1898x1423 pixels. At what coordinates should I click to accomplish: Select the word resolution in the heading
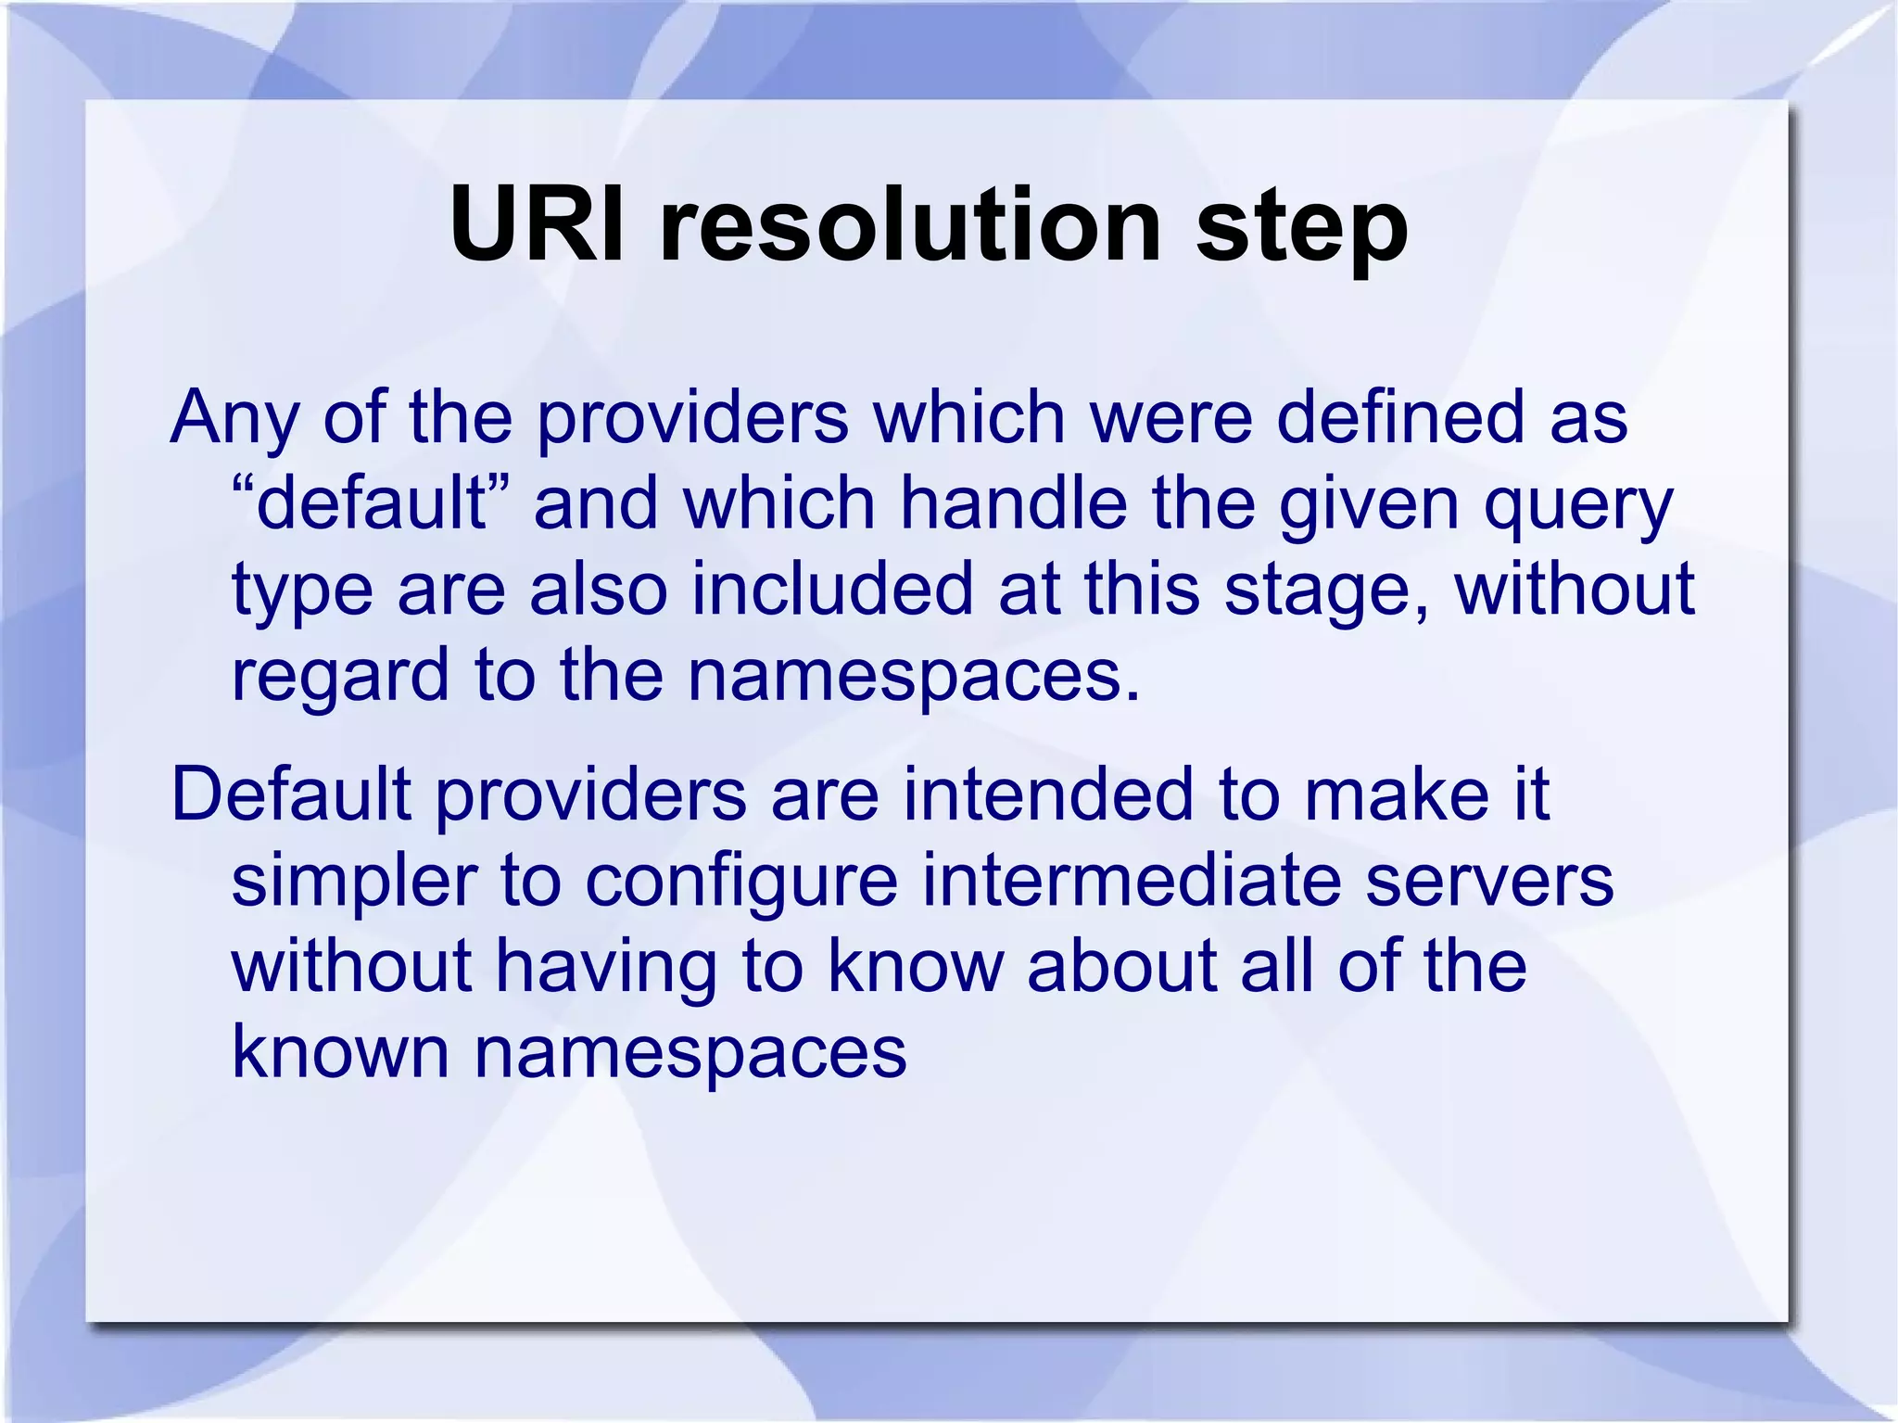click(910, 225)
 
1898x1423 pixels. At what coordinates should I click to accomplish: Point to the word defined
click(1399, 417)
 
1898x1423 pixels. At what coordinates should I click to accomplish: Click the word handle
click(1014, 503)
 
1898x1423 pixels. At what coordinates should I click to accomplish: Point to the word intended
click(1048, 794)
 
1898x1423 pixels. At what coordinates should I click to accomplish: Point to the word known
click(340, 1051)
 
